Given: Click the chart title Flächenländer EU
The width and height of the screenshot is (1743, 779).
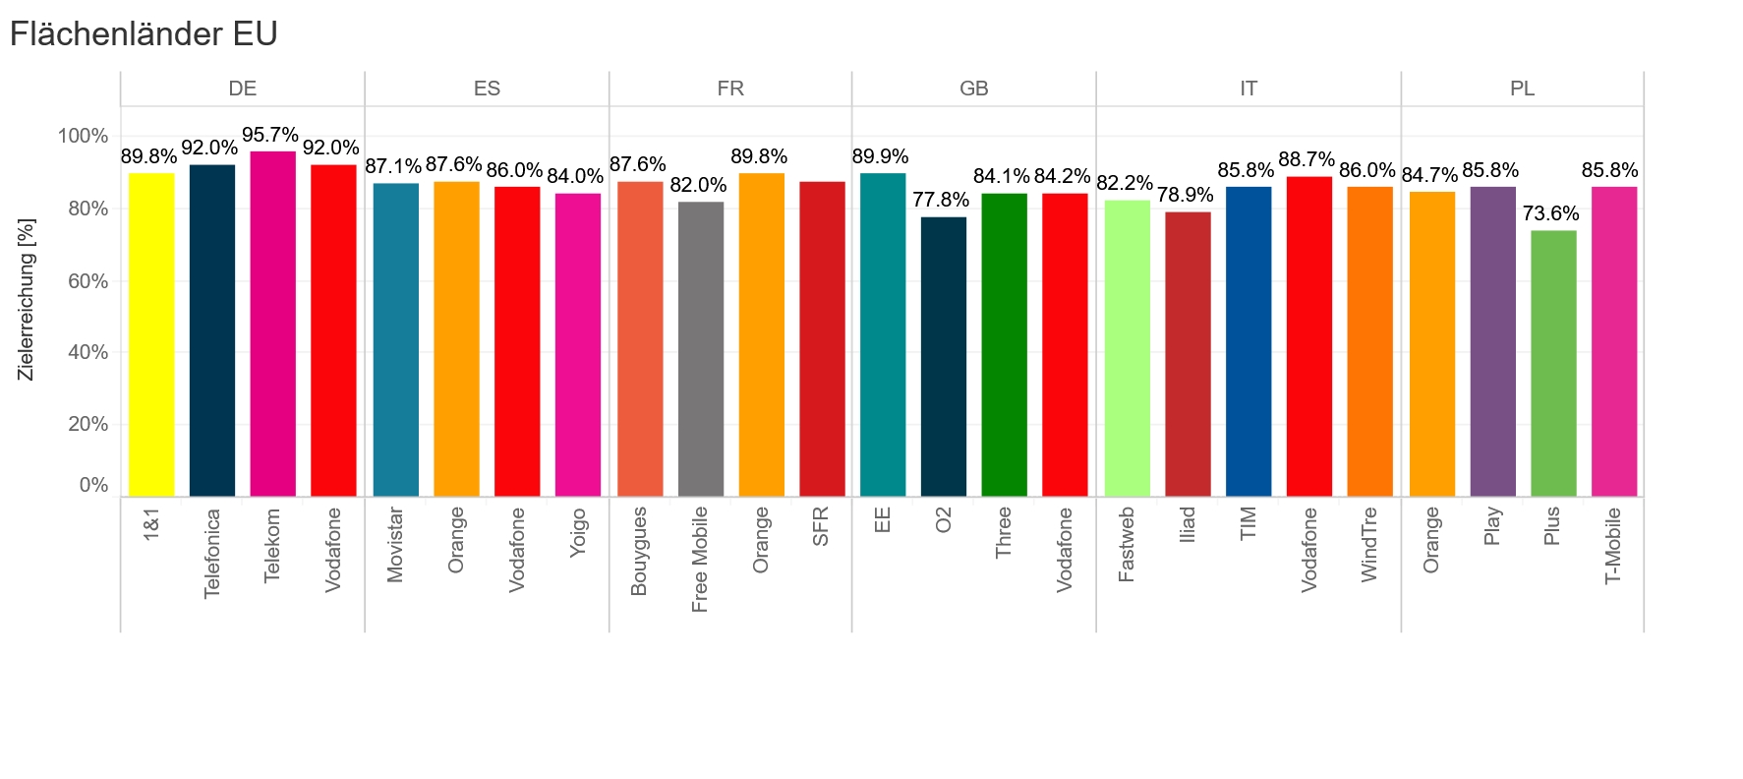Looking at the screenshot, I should point(144,34).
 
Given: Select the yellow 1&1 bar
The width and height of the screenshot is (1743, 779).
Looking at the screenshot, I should point(151,334).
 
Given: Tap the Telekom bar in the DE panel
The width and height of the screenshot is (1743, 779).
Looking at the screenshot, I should point(272,324).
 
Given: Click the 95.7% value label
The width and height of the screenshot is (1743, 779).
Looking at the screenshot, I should point(270,136).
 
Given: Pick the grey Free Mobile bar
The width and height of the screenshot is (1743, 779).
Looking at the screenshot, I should point(701,349).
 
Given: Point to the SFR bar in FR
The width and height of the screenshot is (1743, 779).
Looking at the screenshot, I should point(822,338).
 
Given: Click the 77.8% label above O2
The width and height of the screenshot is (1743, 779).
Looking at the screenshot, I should point(941,201).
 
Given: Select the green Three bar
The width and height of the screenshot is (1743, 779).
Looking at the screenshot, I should point(1004,344).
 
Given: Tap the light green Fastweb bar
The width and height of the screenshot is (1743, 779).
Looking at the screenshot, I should point(1127,348).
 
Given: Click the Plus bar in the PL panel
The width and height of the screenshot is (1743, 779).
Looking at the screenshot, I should point(1553,363).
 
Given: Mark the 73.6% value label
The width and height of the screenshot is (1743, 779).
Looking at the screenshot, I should point(1550,214).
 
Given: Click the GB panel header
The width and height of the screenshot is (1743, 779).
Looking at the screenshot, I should point(973,89).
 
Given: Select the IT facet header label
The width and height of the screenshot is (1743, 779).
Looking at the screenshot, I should point(1248,89).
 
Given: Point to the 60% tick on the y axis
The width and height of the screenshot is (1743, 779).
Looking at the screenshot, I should point(87,281).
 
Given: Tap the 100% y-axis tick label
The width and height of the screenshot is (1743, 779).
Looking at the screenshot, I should point(83,136).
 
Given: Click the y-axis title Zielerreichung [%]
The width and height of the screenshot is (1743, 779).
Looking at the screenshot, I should point(27,300).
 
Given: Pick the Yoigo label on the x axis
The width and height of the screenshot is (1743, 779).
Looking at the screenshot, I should point(578,532).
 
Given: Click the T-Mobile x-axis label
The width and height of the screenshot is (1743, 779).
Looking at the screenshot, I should point(1613,546).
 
